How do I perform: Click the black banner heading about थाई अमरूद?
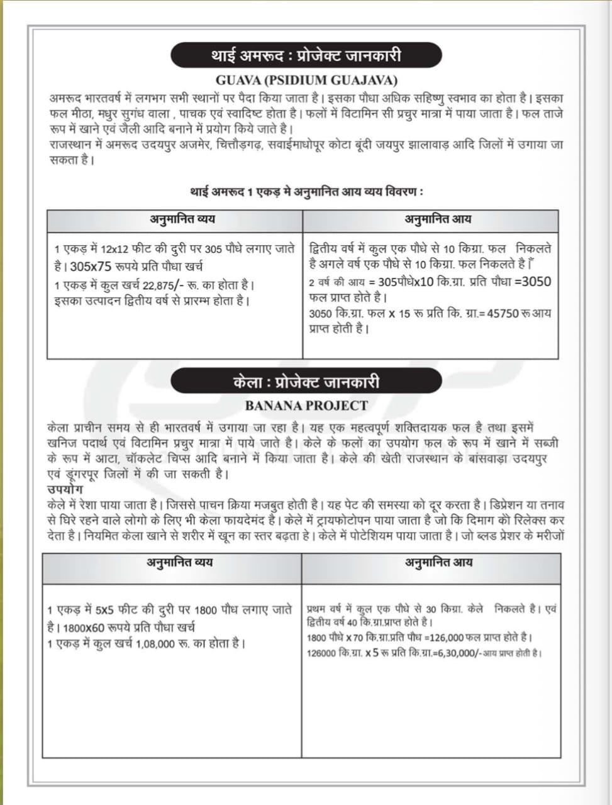point(306,56)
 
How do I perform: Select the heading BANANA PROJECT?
point(306,406)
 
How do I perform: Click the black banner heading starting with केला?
point(306,382)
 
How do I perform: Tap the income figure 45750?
point(503,313)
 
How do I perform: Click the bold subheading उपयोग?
point(65,489)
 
